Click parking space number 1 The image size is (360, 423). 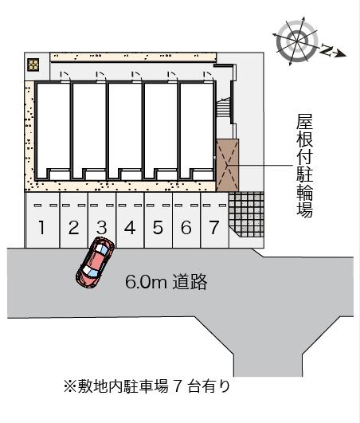tap(41, 220)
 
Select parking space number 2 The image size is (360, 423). tap(73, 220)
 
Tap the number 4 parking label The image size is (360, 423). tap(130, 227)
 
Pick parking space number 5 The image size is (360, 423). tap(158, 220)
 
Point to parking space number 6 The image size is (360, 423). tap(186, 220)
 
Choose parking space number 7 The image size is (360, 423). tap(214, 220)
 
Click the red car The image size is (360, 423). tap(96, 262)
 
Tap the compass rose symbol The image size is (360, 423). tap(296, 41)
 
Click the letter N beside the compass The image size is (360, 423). tap(327, 50)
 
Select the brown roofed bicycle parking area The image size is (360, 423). tap(228, 165)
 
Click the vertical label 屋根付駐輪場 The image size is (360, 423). tap(304, 166)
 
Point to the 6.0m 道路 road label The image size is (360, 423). tap(166, 282)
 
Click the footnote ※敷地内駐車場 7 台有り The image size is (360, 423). tap(147, 386)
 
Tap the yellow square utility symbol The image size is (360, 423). tap(33, 65)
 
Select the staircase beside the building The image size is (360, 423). tap(224, 108)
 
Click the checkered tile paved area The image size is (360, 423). tap(246, 214)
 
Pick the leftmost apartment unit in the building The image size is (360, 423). tap(53, 131)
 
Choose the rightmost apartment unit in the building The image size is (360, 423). tap(197, 131)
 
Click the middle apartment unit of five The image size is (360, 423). tap(125, 131)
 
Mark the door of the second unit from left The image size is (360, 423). tap(101, 76)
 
